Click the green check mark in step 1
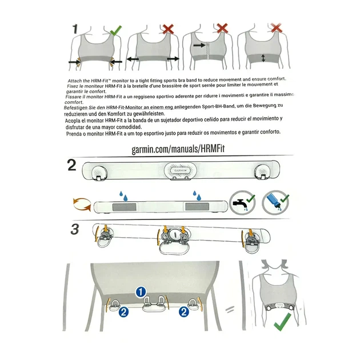pyautogui.click(x=115, y=31)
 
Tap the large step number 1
pyautogui.click(x=75, y=29)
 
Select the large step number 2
pyautogui.click(x=72, y=165)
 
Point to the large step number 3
pyautogui.click(x=75, y=229)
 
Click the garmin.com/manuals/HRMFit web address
pyautogui.click(x=178, y=149)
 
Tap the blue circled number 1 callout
pyautogui.click(x=141, y=292)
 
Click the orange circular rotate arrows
pyautogui.click(x=82, y=204)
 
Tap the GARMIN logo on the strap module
pyautogui.click(x=180, y=170)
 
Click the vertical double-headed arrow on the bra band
pyautogui.click(x=263, y=58)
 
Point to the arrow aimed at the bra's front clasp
pyautogui.click(x=199, y=45)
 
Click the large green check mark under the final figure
pyautogui.click(x=282, y=322)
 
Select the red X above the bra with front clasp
pyautogui.click(x=222, y=28)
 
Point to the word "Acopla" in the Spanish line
pyautogui.click(x=73, y=121)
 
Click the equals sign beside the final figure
pyautogui.click(x=230, y=310)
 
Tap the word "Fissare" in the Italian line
pyautogui.click(x=73, y=97)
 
